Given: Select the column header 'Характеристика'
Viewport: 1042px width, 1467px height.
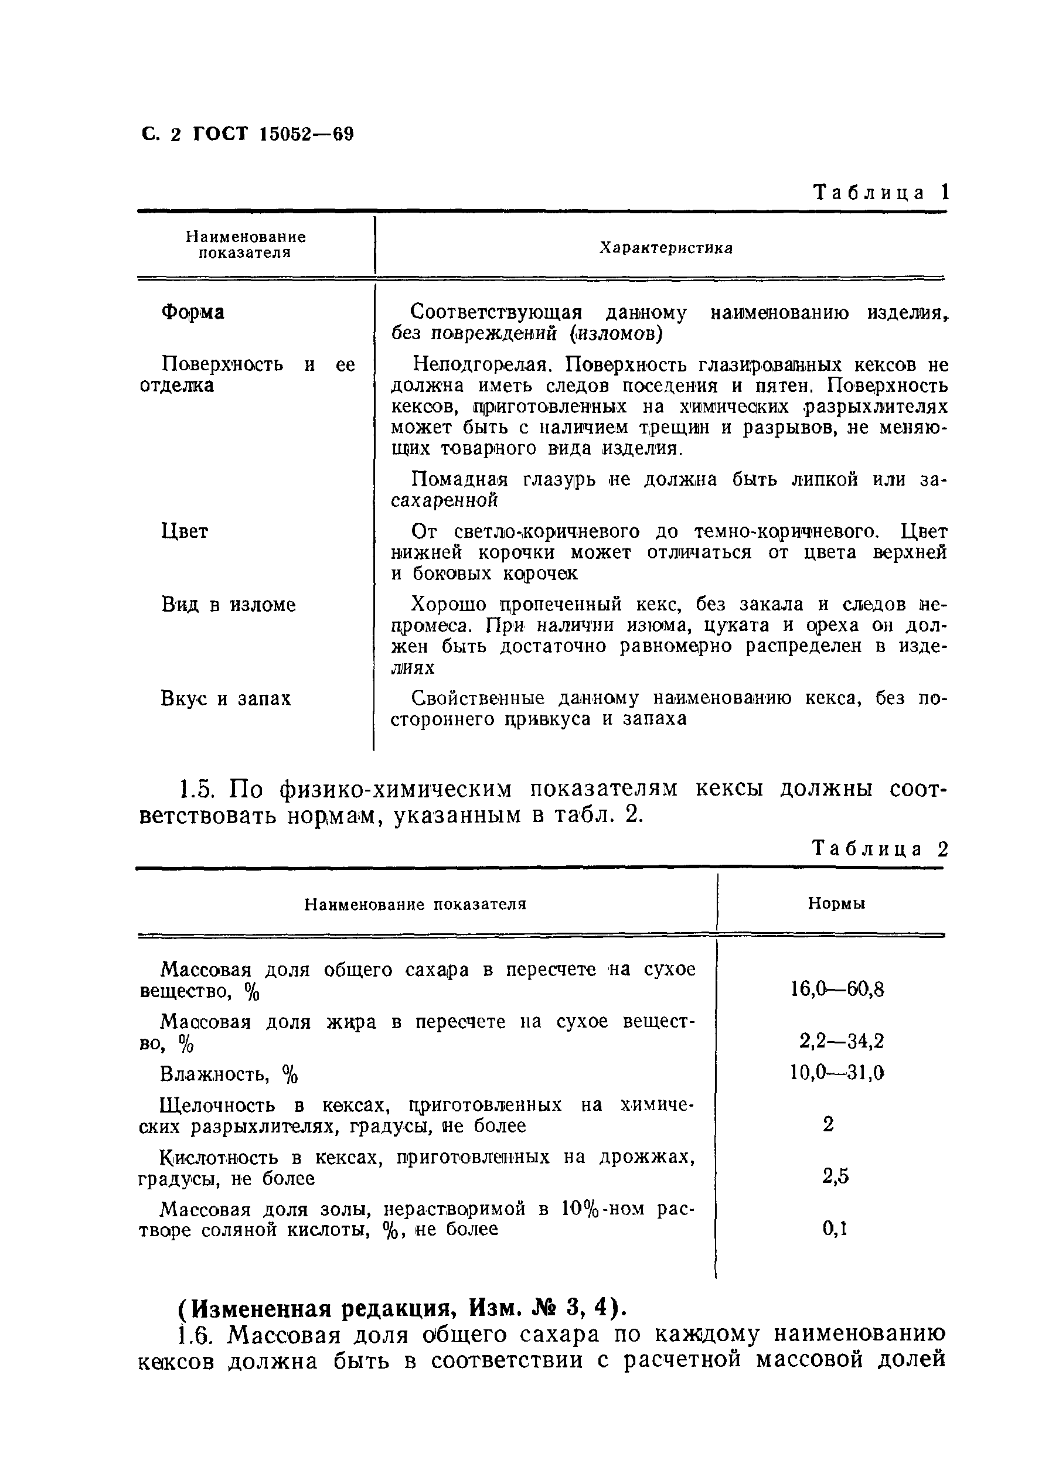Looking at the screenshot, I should pos(666,248).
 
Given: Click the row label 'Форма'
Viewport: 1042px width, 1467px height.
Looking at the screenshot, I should pos(192,312).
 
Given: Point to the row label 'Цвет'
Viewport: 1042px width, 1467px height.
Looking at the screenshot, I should pos(185,531).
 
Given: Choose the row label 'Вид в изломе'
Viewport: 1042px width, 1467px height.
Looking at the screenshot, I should pos(229,604).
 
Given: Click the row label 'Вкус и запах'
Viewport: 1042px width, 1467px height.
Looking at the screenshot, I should pos(226,698).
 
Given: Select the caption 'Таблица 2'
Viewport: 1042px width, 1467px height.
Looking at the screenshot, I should pos(880,849).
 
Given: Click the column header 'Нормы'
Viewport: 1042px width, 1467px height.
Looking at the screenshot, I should pos(836,904).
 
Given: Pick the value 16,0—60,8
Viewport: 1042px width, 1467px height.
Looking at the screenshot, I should pos(837,989).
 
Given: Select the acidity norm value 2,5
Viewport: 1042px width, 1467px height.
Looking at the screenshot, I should pos(835,1176).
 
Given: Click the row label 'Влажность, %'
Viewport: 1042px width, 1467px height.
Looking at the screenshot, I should pos(229,1074).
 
